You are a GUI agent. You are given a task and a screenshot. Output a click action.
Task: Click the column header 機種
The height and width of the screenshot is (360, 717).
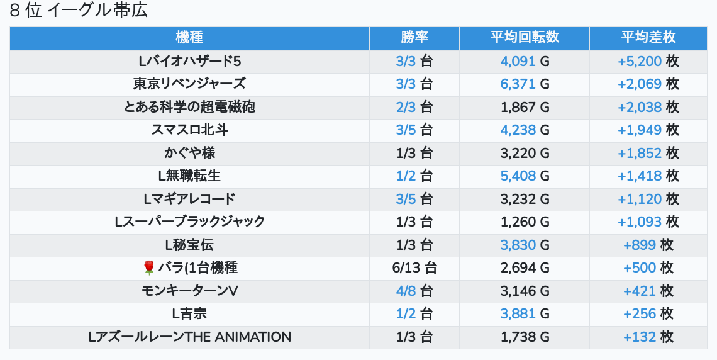[189, 38]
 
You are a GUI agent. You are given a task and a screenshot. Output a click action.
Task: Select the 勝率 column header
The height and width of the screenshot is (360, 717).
[414, 38]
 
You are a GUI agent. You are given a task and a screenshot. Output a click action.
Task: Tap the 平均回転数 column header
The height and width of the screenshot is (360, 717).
[524, 38]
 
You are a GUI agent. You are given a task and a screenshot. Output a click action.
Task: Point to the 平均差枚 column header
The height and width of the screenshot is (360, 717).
[648, 38]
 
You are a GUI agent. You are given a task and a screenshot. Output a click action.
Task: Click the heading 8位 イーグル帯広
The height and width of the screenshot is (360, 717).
[79, 11]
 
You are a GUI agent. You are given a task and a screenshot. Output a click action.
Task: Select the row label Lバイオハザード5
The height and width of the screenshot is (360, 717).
[189, 61]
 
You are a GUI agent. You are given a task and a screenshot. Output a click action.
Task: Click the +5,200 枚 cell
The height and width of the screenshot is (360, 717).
[648, 61]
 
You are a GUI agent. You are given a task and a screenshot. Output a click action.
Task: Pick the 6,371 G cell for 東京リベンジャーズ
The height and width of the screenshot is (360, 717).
[525, 84]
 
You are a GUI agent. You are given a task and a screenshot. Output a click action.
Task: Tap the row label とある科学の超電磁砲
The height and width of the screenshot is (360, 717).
[189, 107]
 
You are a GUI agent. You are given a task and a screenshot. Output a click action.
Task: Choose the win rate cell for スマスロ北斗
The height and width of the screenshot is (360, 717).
[414, 130]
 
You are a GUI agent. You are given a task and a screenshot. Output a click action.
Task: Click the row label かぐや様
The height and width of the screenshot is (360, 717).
[189, 153]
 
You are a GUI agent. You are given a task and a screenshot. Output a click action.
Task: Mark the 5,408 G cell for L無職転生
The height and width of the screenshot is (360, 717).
[525, 176]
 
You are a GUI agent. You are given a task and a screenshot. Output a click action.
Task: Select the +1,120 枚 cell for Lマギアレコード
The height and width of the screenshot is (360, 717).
[648, 199]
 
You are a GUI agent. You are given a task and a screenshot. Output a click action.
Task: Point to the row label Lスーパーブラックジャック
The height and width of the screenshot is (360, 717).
[189, 222]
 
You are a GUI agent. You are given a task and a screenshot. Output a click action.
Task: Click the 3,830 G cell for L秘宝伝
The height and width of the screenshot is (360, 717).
[525, 245]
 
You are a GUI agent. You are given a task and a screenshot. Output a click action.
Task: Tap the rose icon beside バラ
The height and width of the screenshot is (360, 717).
[149, 268]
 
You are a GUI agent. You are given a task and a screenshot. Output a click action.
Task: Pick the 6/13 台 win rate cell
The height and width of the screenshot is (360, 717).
[414, 268]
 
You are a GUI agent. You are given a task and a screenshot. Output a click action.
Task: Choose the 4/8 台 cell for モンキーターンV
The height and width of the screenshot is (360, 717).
[414, 291]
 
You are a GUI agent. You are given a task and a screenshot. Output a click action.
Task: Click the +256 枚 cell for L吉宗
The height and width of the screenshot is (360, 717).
[648, 313]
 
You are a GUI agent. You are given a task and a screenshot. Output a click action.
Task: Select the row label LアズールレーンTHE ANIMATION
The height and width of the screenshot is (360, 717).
[189, 337]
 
